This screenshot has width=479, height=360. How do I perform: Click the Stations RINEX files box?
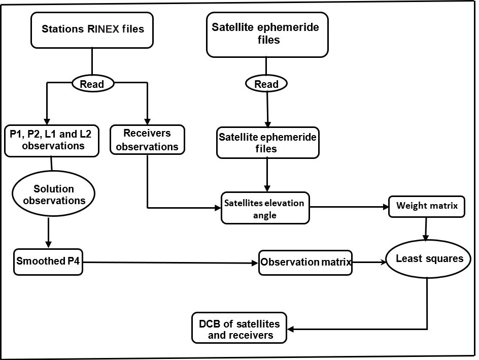[x=92, y=29]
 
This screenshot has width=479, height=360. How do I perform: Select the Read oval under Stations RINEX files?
[x=92, y=83]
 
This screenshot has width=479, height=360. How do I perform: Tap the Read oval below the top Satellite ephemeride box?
[x=266, y=83]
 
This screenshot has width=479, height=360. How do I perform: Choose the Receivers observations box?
[x=147, y=140]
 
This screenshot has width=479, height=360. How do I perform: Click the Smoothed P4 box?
[x=48, y=262]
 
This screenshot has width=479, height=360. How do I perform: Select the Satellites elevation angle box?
[x=265, y=208]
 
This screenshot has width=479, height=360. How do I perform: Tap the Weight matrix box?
[x=427, y=207]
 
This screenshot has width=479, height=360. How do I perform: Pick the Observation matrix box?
[x=305, y=263]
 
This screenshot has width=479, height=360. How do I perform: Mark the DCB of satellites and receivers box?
[x=239, y=328]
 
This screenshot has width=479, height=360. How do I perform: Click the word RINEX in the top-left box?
[x=118, y=29]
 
